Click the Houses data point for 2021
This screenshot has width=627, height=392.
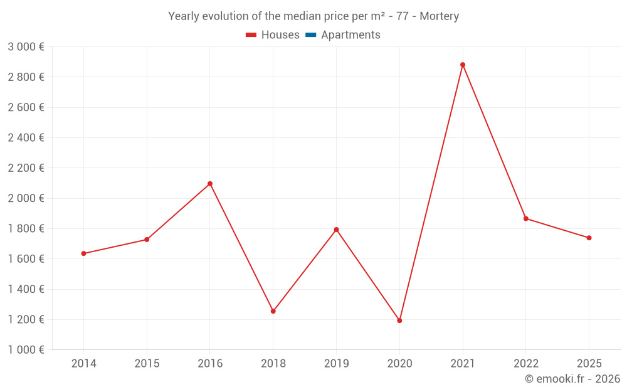pos(463,65)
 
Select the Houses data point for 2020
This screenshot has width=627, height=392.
pos(399,320)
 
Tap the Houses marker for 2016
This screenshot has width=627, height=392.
pos(210,184)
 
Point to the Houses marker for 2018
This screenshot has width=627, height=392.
pos(273,311)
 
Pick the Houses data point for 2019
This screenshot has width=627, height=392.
pos(336,230)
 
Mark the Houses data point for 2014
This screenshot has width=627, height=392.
pos(83,253)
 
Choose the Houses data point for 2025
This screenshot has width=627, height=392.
pos(589,238)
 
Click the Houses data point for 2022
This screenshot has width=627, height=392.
pos(526,218)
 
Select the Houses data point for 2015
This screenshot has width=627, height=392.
pos(147,240)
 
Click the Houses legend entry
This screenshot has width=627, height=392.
pos(273,35)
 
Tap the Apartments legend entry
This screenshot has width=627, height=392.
pos(343,35)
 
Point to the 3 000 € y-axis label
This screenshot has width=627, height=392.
pos(26,47)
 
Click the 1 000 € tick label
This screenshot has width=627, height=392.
pos(26,350)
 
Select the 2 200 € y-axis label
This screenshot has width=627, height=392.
pos(26,168)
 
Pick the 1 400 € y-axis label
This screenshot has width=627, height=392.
pos(26,289)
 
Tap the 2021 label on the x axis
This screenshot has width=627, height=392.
pos(463,364)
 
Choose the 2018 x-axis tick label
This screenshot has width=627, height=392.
pos(273,364)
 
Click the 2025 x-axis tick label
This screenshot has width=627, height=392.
pos(589,364)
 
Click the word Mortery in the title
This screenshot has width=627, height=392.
pos(440,16)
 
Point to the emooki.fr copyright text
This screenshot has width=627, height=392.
pos(572,379)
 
